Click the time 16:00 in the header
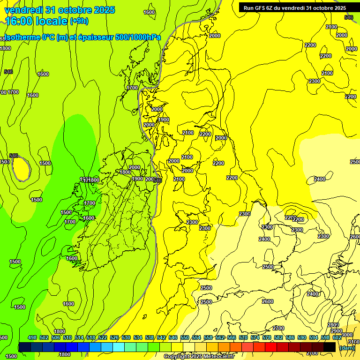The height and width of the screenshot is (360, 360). [x=22, y=21]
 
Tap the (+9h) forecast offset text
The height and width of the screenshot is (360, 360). [x=78, y=21]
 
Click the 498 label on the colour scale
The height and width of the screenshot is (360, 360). [x=32, y=337]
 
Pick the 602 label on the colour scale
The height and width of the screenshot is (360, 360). [x=337, y=337]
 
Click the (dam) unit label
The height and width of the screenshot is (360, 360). [x=347, y=347]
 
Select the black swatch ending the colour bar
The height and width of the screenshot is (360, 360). [x=330, y=347]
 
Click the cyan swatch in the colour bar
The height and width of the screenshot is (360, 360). [x=119, y=347]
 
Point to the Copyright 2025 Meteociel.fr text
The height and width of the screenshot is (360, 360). [x=199, y=357]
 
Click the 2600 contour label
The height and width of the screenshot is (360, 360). [x=267, y=301]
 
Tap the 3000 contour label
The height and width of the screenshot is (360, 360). [x=347, y=335]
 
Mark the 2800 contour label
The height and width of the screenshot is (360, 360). [x=333, y=325]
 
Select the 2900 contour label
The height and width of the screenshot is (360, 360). [x=336, y=331]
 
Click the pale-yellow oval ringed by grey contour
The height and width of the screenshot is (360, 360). [x=20, y=168]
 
